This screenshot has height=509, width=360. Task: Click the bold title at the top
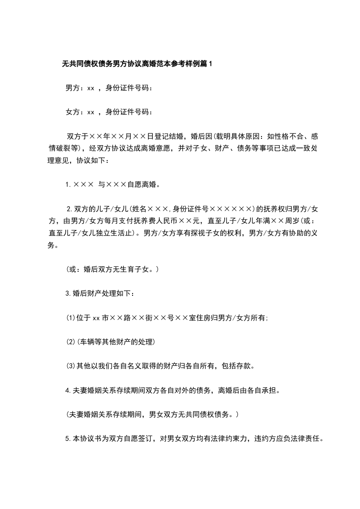pyautogui.click(x=137, y=64)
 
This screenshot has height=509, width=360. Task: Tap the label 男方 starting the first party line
pyautogui.click(x=73, y=88)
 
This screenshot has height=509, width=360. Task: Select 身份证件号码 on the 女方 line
pyautogui.click(x=129, y=112)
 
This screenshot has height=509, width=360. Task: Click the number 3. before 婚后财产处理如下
pyautogui.click(x=69, y=294)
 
